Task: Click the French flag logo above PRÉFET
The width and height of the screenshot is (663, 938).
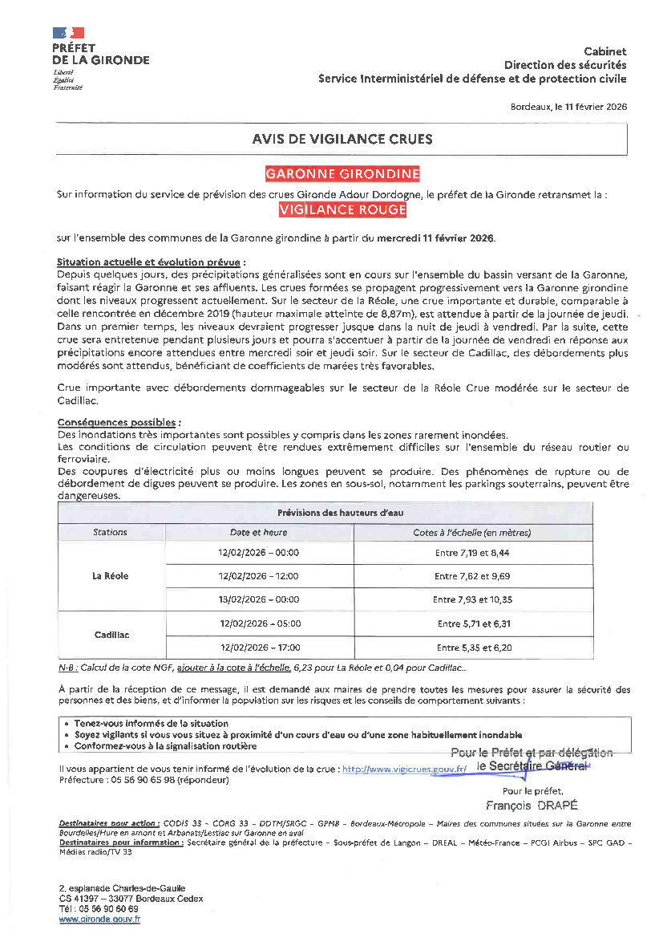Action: pyautogui.click(x=68, y=33)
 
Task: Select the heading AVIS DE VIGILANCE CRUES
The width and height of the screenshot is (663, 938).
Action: pyautogui.click(x=342, y=139)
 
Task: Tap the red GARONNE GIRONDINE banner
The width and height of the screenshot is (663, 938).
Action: pyautogui.click(x=342, y=174)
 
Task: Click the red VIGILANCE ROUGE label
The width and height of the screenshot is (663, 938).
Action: pyautogui.click(x=342, y=209)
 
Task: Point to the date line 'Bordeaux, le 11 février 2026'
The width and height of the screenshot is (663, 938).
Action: pyautogui.click(x=568, y=106)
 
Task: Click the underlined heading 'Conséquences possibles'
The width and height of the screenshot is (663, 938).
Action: pyautogui.click(x=119, y=422)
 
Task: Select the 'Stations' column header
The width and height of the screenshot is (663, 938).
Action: pyautogui.click(x=110, y=532)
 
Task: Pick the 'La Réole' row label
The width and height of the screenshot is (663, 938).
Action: pyautogui.click(x=111, y=575)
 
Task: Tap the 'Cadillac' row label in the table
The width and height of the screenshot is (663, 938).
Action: pyautogui.click(x=111, y=635)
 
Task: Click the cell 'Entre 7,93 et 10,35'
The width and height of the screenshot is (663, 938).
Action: pyautogui.click(x=472, y=599)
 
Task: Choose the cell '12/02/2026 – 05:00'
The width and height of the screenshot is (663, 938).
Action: pyautogui.click(x=258, y=623)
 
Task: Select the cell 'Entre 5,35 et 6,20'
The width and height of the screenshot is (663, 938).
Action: pyautogui.click(x=474, y=647)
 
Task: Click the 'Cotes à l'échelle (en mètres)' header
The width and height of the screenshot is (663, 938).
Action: pyautogui.click(x=472, y=532)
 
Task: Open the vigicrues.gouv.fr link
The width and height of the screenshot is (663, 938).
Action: pyautogui.click(x=404, y=769)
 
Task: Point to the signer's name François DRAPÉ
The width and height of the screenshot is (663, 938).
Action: pyautogui.click(x=532, y=805)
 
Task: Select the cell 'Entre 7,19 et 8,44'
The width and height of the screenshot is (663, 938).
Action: pyautogui.click(x=472, y=553)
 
